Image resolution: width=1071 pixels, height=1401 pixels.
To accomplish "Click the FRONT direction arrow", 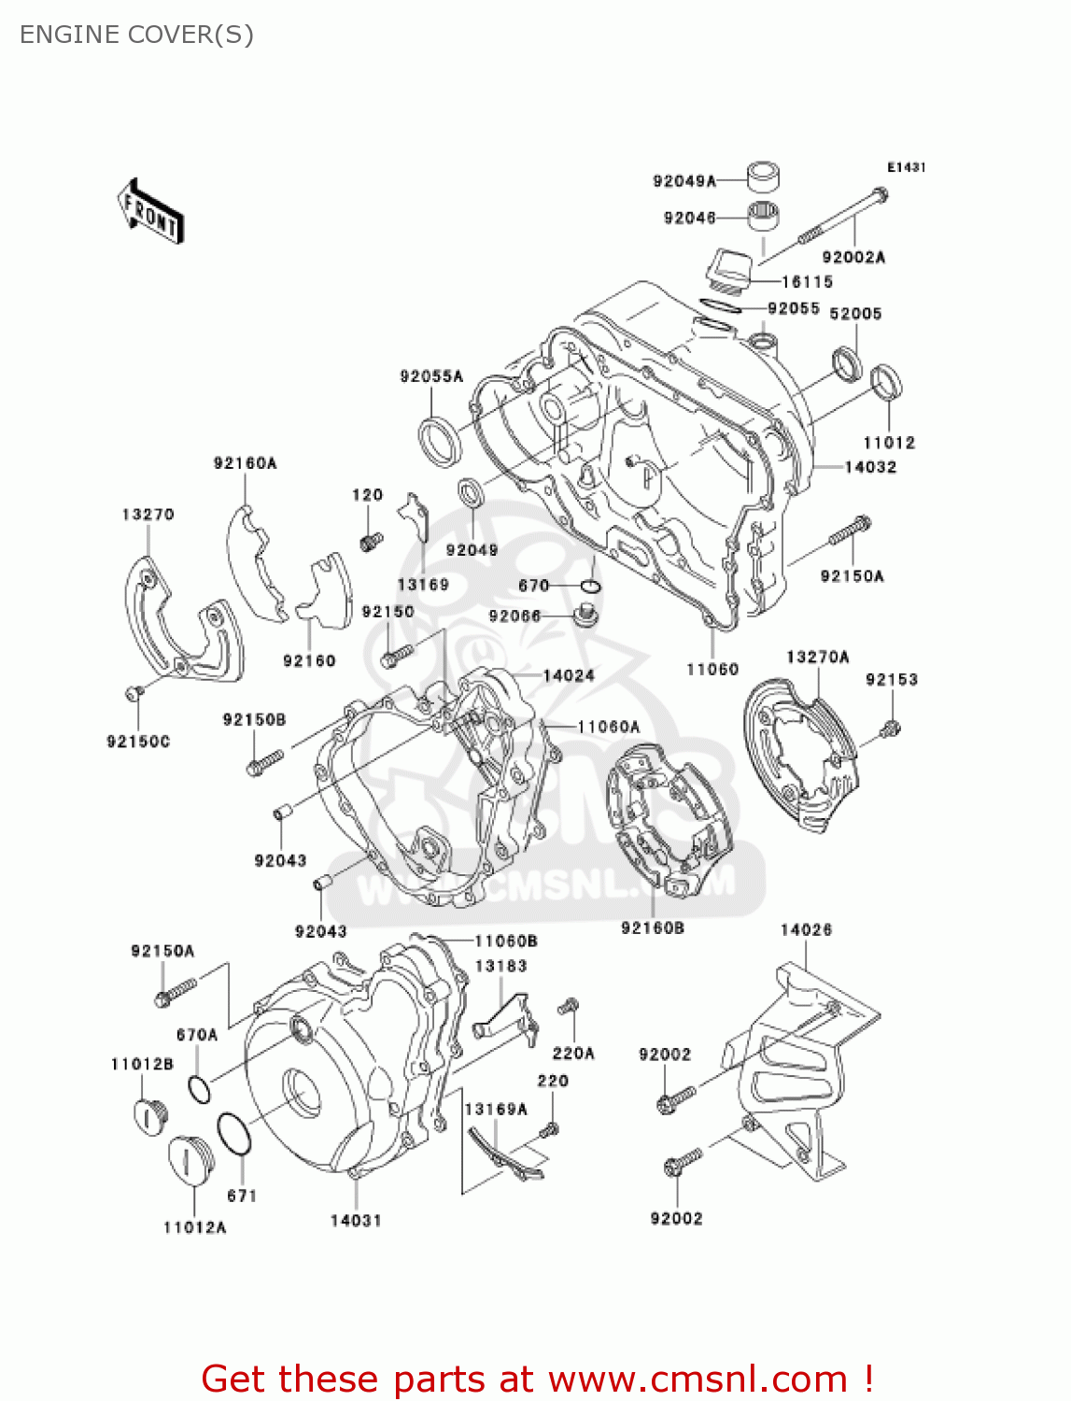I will click(150, 212).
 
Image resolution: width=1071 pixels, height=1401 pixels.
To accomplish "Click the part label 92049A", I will click(683, 181).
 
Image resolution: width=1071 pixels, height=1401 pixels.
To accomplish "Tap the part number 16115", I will click(807, 281).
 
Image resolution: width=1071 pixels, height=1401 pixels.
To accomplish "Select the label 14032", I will click(870, 467).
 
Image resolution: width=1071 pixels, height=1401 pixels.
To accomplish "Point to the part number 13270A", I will click(817, 657).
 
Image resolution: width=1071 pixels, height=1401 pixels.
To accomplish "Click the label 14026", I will click(806, 929).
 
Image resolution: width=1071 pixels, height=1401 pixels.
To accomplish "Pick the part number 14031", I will click(356, 1220).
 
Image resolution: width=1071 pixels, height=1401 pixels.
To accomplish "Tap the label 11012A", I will click(194, 1227).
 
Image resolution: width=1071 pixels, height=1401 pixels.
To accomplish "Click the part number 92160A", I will click(245, 462).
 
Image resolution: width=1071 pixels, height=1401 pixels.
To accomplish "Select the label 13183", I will click(500, 966).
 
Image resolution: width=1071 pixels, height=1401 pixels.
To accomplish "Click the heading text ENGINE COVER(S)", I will click(136, 35).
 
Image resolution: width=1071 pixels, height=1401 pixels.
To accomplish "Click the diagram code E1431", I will click(906, 167).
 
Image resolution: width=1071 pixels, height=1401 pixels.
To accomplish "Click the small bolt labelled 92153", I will click(892, 728).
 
